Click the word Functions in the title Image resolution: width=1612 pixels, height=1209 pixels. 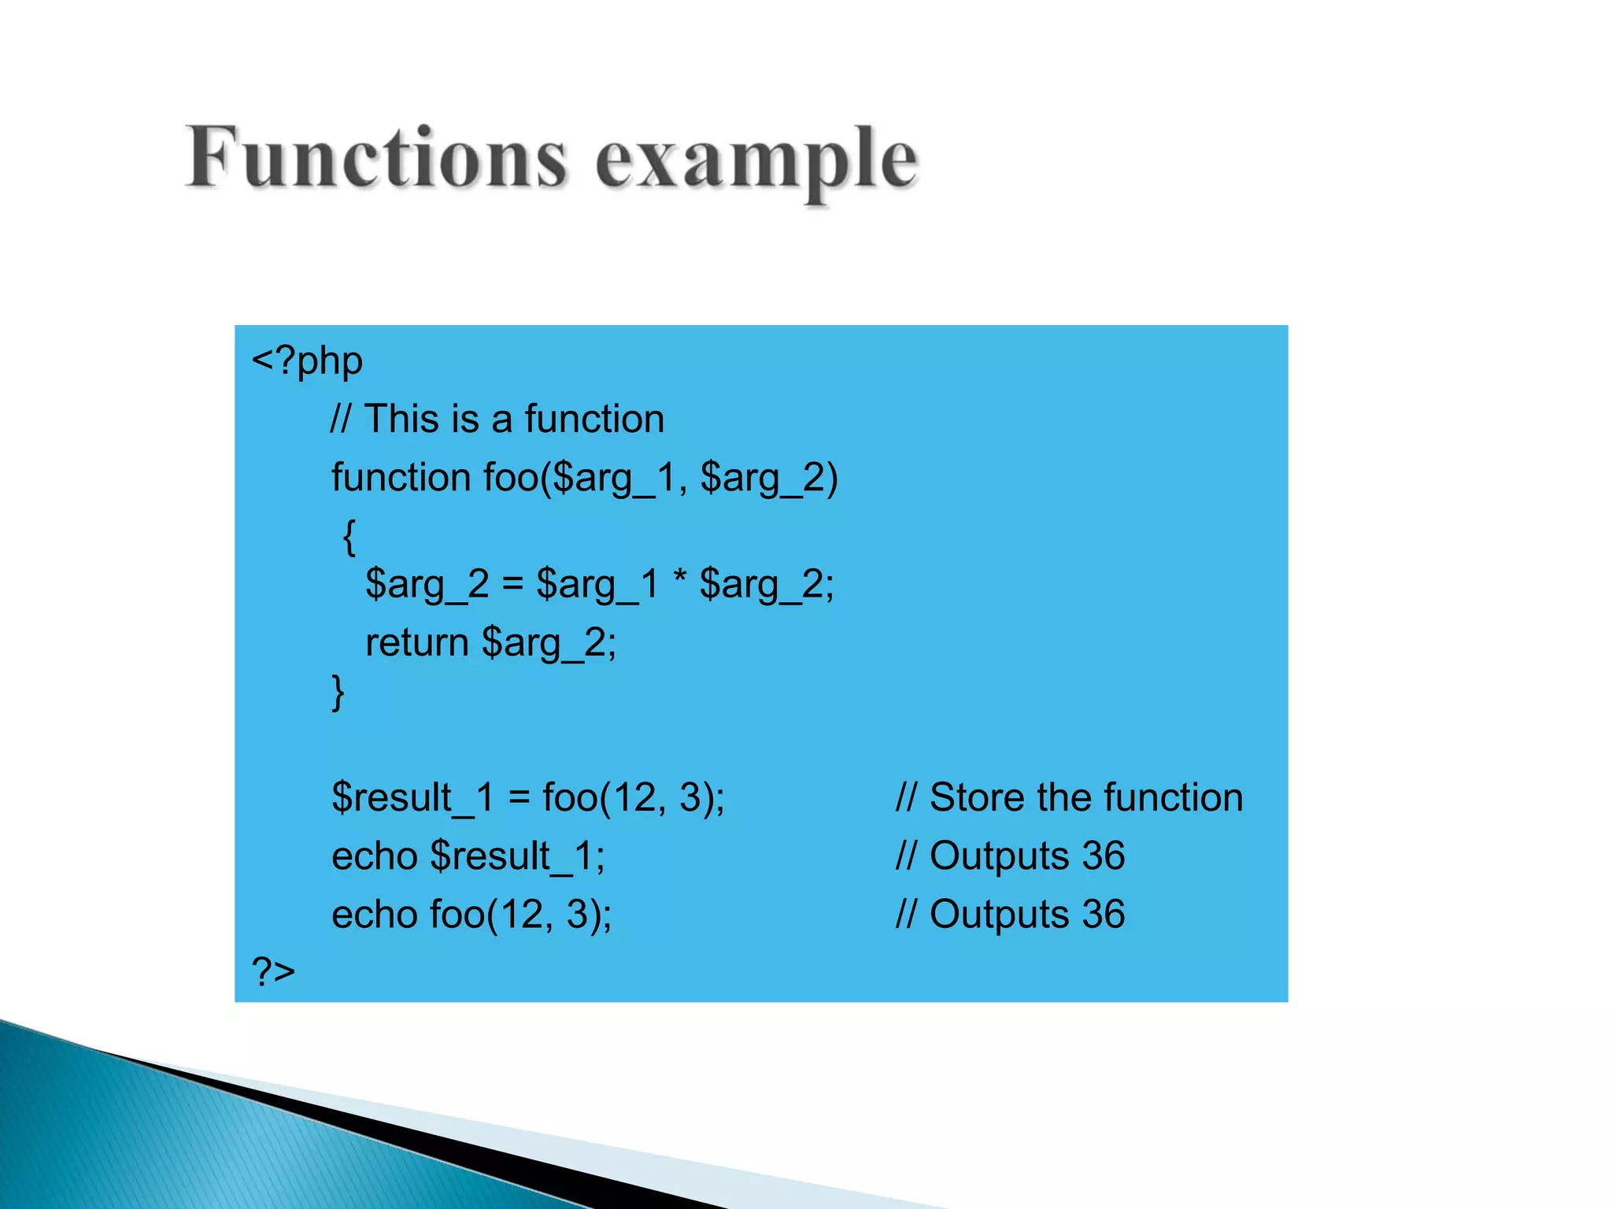[376, 157]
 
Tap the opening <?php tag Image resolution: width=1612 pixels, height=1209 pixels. [307, 361]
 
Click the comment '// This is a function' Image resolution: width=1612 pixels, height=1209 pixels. [497, 419]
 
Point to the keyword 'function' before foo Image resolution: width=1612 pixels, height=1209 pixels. [401, 477]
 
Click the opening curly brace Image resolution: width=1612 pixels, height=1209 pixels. [349, 537]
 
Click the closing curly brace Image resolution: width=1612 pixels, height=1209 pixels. [338, 693]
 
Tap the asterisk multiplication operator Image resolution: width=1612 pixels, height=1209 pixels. [679, 581]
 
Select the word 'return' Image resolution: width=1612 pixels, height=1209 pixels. [417, 642]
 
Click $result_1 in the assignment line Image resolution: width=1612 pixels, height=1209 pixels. [412, 797]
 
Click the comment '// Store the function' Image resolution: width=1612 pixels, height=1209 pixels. [1069, 797]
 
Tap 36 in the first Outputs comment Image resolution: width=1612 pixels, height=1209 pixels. [1103, 856]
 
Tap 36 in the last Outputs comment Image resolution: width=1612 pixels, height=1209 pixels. [1103, 915]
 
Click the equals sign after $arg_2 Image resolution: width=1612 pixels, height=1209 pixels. [512, 585]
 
